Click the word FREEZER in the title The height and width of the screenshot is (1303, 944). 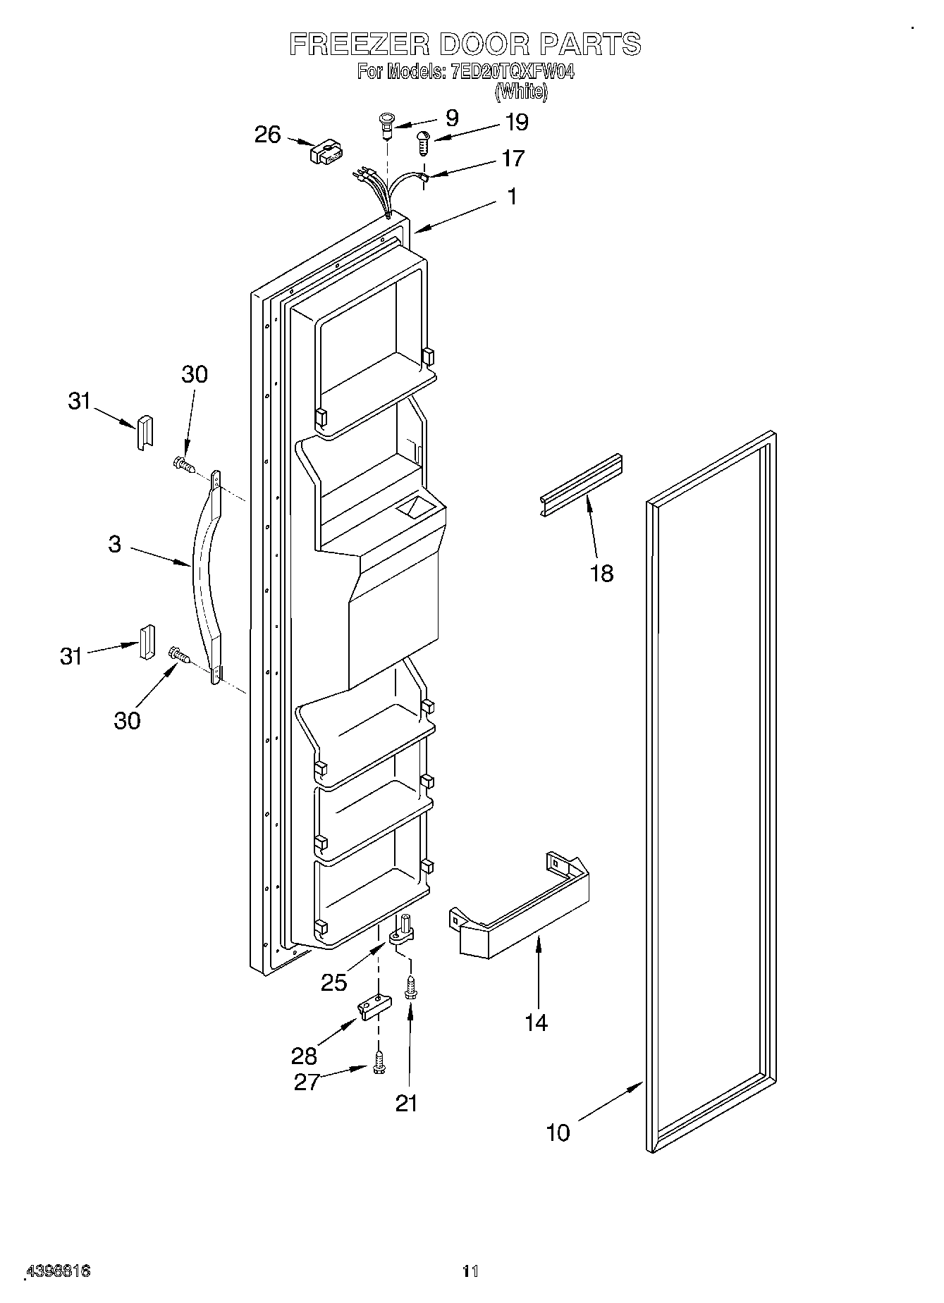(358, 44)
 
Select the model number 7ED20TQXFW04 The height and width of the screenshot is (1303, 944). (511, 72)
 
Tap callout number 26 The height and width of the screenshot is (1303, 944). (267, 135)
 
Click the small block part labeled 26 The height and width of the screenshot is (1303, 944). (326, 154)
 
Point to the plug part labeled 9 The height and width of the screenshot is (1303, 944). (386, 124)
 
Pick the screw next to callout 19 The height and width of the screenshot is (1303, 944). (423, 144)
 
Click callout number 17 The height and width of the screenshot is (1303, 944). (513, 159)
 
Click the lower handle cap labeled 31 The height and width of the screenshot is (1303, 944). (146, 641)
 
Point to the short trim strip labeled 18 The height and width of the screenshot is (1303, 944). (582, 486)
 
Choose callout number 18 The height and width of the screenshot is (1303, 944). (601, 574)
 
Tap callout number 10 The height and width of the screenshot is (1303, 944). (557, 1132)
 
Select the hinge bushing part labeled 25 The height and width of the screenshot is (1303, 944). (401, 932)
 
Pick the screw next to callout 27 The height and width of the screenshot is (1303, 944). (379, 1062)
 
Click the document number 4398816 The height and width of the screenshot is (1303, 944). (59, 1271)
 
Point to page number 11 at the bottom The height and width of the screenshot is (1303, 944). (470, 1272)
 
